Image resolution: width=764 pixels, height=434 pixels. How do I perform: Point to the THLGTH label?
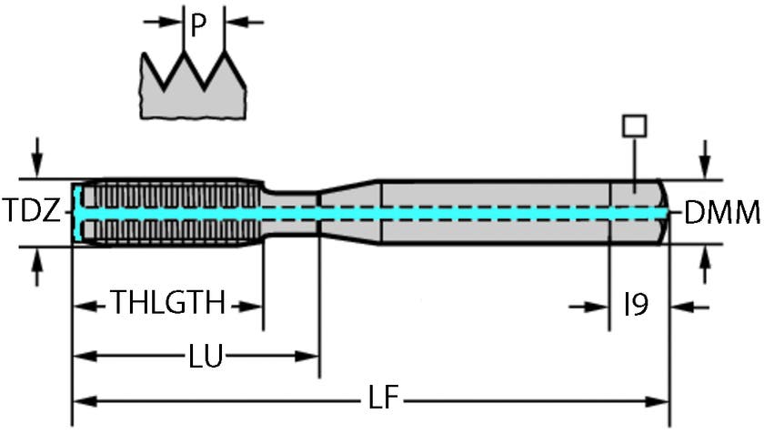(x=167, y=302)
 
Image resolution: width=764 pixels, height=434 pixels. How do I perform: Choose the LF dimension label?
(x=386, y=399)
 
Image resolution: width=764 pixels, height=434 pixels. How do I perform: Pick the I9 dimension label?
(x=636, y=304)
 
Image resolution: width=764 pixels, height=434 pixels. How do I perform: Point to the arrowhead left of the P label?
(x=170, y=21)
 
